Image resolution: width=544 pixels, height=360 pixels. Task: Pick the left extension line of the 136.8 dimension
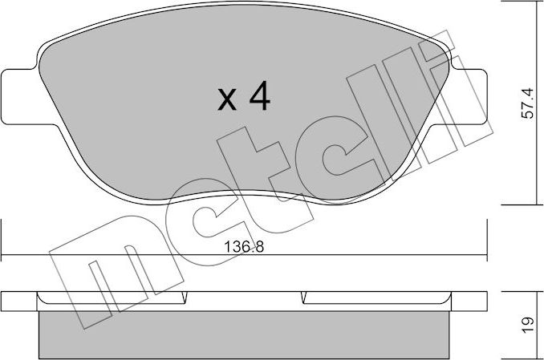[2, 241]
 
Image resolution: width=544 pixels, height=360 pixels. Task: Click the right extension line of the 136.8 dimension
[487, 241]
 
